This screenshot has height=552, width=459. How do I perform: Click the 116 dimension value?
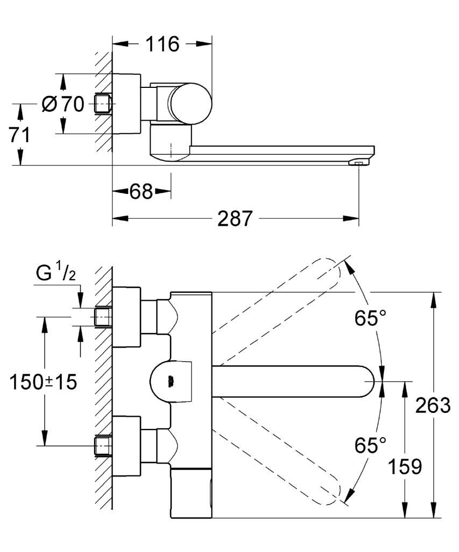pyautogui.click(x=163, y=44)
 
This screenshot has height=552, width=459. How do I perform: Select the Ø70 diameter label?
pyautogui.click(x=63, y=103)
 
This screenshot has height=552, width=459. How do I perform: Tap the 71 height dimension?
pyautogui.click(x=19, y=135)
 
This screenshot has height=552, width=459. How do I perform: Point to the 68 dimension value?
pyautogui.click(x=141, y=191)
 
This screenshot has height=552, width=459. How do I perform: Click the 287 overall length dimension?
pyautogui.click(x=235, y=219)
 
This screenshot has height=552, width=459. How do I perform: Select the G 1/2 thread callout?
pyautogui.click(x=56, y=274)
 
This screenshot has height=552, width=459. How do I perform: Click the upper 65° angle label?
pyautogui.click(x=370, y=318)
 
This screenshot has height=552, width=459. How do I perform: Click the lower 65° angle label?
pyautogui.click(x=370, y=445)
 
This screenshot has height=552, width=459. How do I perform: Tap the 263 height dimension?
pyautogui.click(x=433, y=405)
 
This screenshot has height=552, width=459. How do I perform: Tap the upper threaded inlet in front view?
pyautogui.click(x=103, y=317)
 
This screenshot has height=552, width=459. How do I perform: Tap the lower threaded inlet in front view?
pyautogui.click(x=103, y=445)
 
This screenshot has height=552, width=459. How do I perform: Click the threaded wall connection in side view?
pyautogui.click(x=103, y=103)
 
